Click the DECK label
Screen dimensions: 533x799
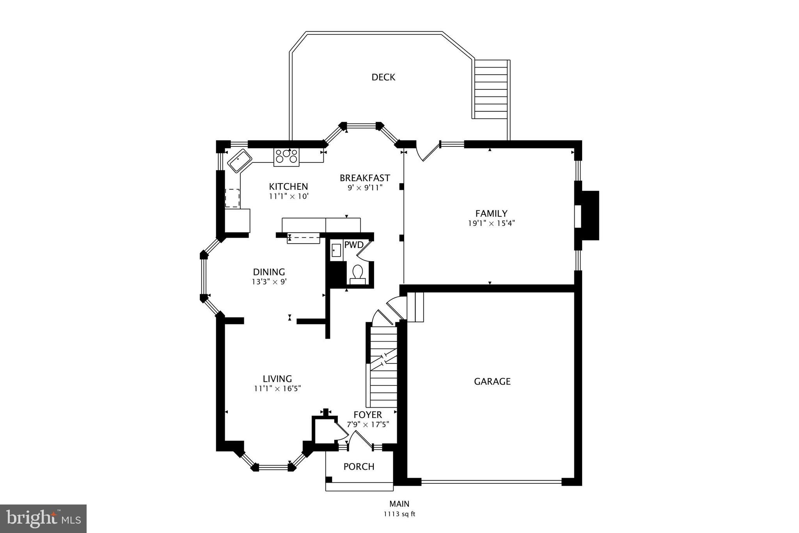383,77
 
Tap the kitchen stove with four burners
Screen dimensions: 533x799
286,157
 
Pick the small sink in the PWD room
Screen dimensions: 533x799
336,250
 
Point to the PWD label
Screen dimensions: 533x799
353,245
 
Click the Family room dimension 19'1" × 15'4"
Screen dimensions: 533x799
491,224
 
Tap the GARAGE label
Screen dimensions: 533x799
492,381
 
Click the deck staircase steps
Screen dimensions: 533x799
491,90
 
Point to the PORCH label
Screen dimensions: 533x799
359,467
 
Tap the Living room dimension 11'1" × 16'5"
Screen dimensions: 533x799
277,389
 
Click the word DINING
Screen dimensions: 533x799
269,272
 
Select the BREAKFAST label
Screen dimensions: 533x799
364,178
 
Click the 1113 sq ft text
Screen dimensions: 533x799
399,514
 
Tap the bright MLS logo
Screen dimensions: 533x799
43,519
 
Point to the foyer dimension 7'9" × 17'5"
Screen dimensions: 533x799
368,424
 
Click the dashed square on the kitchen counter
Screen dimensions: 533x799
233,198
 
